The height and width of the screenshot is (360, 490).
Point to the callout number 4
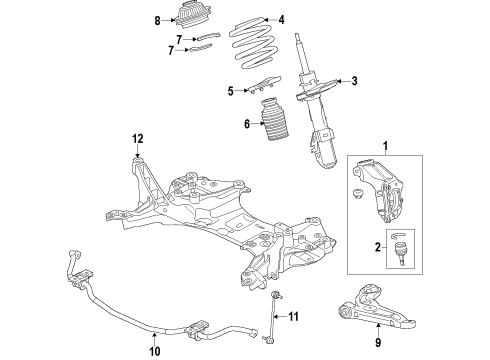pyautogui.click(x=281, y=19)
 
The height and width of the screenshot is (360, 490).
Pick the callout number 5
pyautogui.click(x=229, y=91)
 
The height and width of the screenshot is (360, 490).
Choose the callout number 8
pyautogui.click(x=156, y=19)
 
